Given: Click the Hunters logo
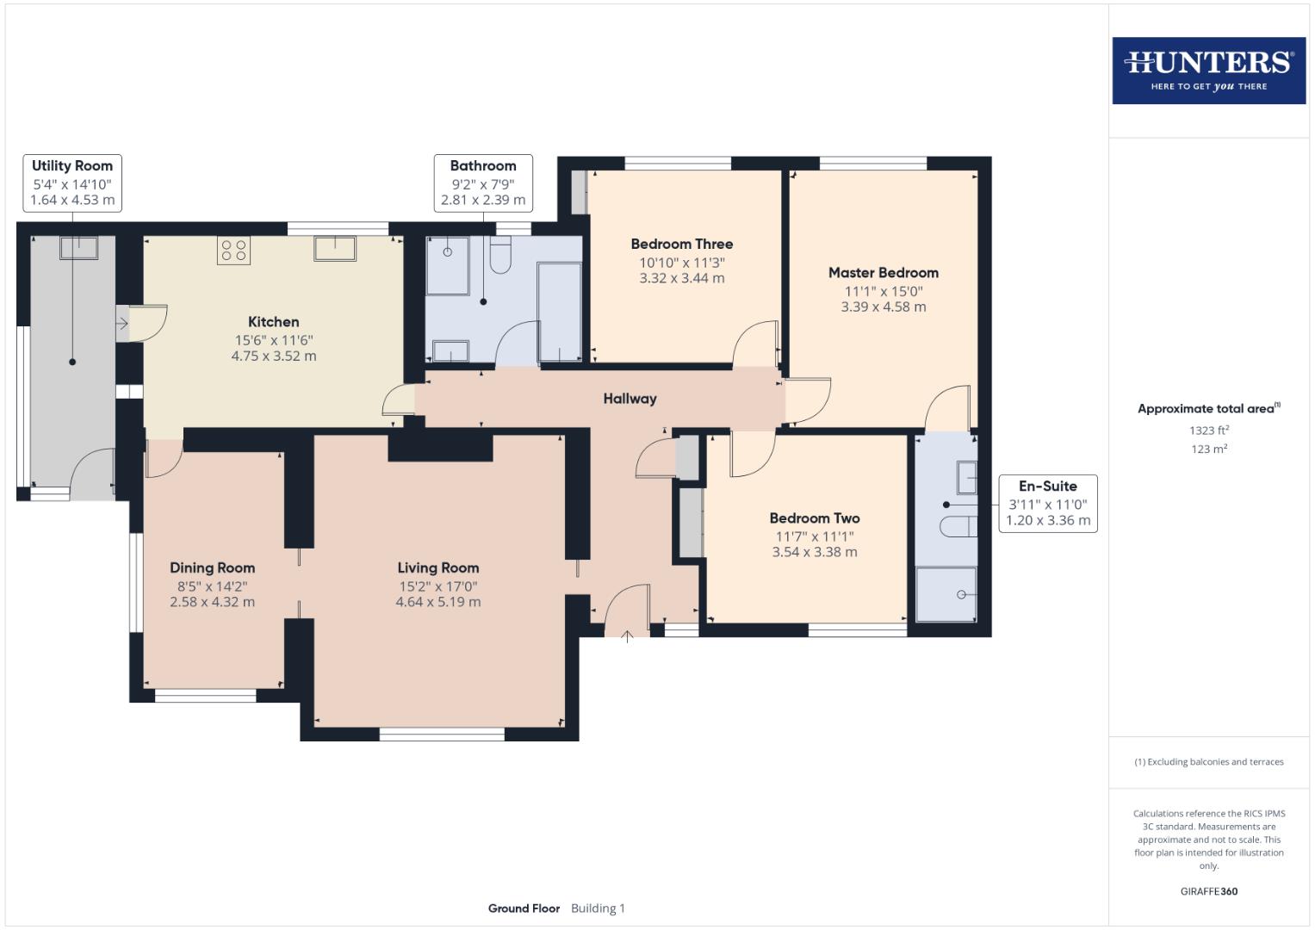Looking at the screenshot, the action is pyautogui.click(x=1209, y=71).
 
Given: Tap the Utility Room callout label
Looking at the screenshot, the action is pyautogui.click(x=72, y=183).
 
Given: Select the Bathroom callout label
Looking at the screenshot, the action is pyautogui.click(x=483, y=183).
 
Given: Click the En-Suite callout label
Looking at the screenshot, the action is pyautogui.click(x=1048, y=503).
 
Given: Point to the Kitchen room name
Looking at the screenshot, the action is pyautogui.click(x=274, y=322).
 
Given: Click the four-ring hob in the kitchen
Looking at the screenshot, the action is pyautogui.click(x=233, y=251).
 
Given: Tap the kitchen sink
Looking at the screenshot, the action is pyautogui.click(x=335, y=248).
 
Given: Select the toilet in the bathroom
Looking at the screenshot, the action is pyautogui.click(x=500, y=255).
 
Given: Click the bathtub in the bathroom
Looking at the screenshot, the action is pyautogui.click(x=559, y=312).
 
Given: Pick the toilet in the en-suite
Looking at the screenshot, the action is pyautogui.click(x=958, y=527).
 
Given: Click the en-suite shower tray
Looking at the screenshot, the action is pyautogui.click(x=946, y=593).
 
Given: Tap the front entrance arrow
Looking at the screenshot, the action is pyautogui.click(x=627, y=636).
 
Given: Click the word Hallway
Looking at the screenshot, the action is pyautogui.click(x=630, y=399).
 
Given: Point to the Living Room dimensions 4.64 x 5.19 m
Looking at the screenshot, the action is pyautogui.click(x=438, y=602).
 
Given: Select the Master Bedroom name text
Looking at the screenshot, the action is pyautogui.click(x=884, y=272).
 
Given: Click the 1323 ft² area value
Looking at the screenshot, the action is pyautogui.click(x=1209, y=430).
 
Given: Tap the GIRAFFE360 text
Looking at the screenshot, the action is pyautogui.click(x=1209, y=891).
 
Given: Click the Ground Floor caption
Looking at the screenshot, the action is pyautogui.click(x=524, y=908).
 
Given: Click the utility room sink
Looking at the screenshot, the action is pyautogui.click(x=78, y=248).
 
